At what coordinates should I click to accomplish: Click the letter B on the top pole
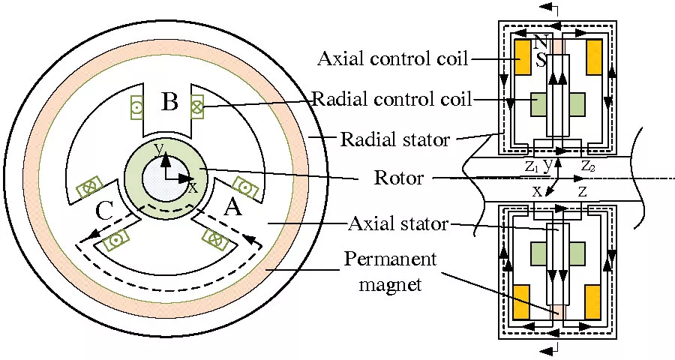[x=169, y=100]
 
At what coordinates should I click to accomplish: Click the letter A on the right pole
[x=233, y=208]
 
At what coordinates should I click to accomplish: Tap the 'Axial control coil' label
[x=392, y=58]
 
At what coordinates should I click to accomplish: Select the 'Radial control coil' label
[x=392, y=99]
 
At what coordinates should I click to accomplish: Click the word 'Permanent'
[x=390, y=260]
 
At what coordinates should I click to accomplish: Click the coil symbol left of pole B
[x=137, y=107]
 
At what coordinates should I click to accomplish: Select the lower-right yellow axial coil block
[x=595, y=301]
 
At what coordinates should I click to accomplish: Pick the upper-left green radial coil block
[x=538, y=104]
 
